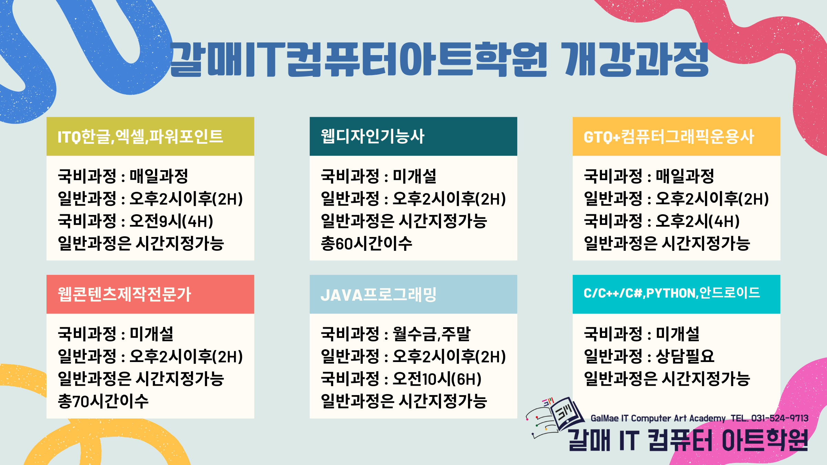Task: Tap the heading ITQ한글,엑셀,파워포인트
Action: tap(140, 136)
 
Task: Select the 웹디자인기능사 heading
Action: tap(372, 136)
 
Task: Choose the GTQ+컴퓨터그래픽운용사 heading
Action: tap(669, 136)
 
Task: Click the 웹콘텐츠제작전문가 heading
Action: tap(124, 294)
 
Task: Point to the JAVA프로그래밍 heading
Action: tap(379, 294)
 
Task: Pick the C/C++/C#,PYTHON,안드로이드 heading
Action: tap(672, 293)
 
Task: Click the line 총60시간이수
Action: tap(366, 243)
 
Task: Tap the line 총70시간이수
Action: tap(103, 401)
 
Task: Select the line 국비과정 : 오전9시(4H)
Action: tap(135, 221)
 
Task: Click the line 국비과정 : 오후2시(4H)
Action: tap(662, 221)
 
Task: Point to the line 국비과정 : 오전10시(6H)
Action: tap(401, 379)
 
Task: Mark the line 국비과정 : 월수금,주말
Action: tap(396, 334)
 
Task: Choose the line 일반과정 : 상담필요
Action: tap(649, 356)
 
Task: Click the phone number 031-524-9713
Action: tap(780, 418)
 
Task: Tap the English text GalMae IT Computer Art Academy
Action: tap(658, 418)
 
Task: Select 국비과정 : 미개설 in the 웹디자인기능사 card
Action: tap(379, 176)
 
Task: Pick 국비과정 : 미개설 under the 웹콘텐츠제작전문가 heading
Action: tap(115, 334)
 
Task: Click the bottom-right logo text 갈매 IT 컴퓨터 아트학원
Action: tap(688, 440)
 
